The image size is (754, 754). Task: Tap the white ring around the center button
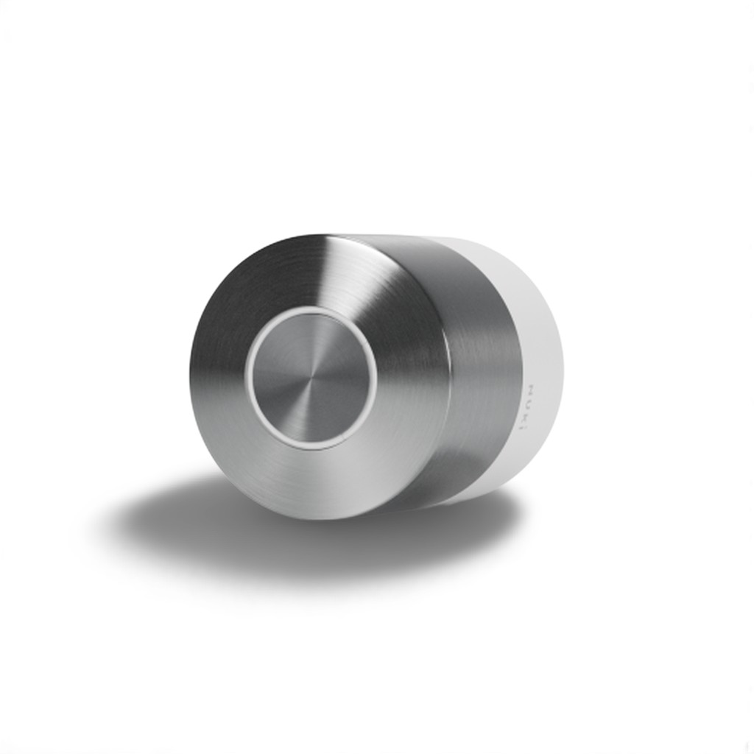click(250, 379)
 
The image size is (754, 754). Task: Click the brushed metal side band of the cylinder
click(479, 353)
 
